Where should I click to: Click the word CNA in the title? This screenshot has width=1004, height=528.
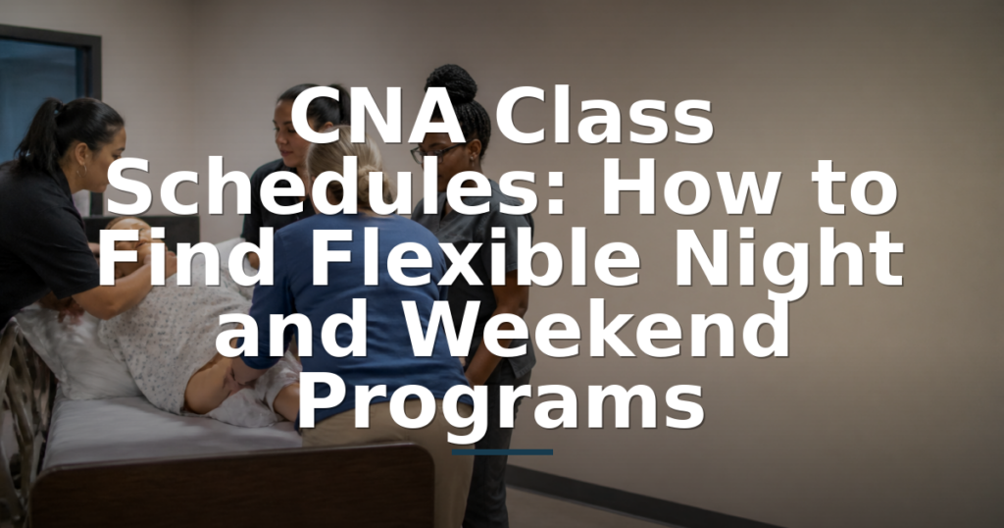tap(377, 116)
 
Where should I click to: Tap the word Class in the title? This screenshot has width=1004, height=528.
tap(604, 116)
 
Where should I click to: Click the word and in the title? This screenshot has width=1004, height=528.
tap(292, 329)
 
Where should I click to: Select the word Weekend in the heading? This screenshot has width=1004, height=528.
tap(595, 329)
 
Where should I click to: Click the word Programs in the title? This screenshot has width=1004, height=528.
tap(501, 403)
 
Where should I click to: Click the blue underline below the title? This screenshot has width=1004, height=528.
tap(502, 452)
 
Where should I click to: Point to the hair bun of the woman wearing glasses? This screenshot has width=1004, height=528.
tap(451, 83)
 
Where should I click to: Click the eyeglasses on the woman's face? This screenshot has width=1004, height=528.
tap(435, 152)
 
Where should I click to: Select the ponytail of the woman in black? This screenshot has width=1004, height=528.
tap(38, 132)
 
